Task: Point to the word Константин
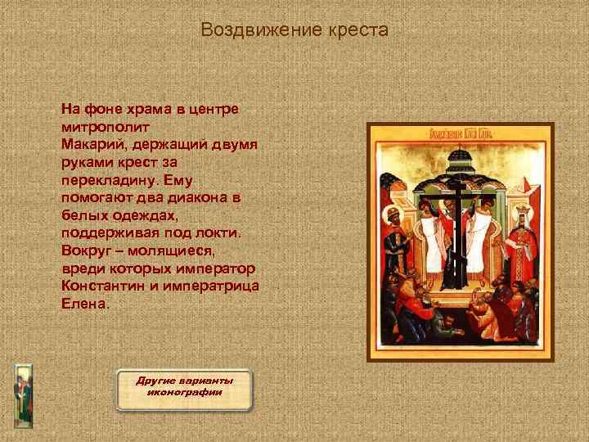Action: tap(101, 286)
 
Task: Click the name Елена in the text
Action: tap(83, 303)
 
